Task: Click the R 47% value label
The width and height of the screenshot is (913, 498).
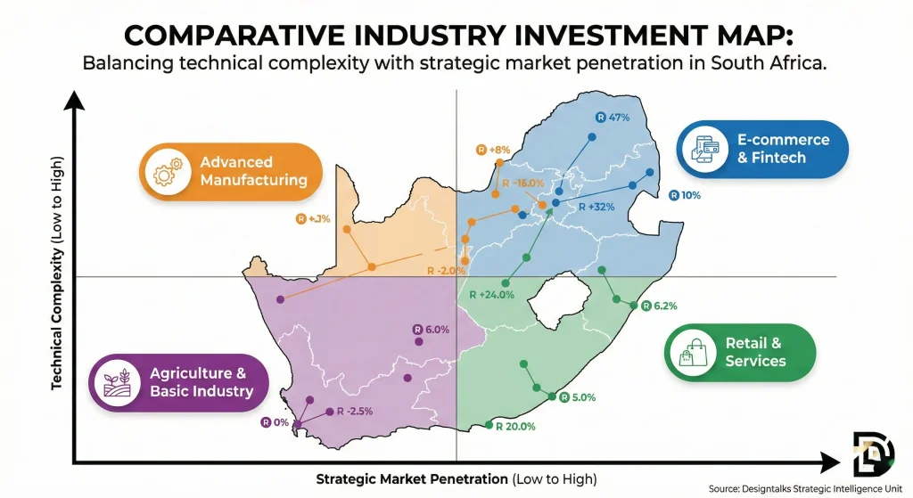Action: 613,118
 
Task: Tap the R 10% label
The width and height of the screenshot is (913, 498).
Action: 685,194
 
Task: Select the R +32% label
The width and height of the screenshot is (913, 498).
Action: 596,208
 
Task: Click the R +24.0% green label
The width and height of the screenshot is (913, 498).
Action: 492,296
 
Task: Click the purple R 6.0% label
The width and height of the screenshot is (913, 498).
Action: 432,330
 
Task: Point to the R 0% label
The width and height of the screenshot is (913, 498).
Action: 275,422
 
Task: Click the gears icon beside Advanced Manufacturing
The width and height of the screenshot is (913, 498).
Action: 169,171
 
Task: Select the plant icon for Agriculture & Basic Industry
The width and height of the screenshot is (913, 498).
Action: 120,382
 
